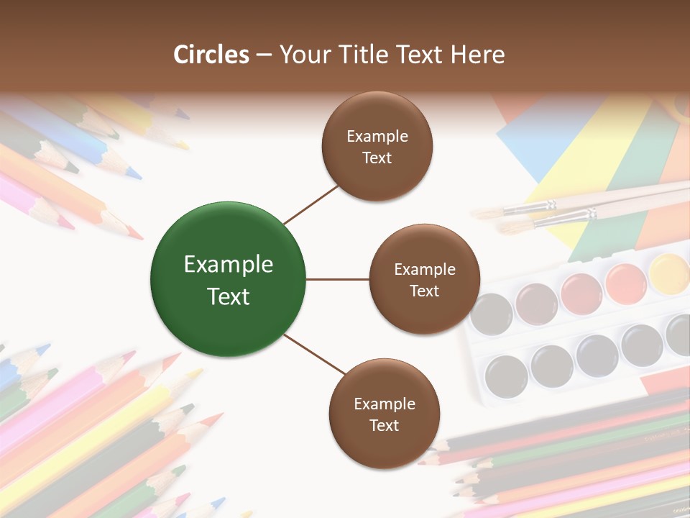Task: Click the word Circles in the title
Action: (x=211, y=55)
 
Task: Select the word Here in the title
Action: (x=477, y=55)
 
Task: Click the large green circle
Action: (x=228, y=279)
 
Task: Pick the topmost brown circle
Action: (x=377, y=146)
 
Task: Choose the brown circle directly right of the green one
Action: (x=424, y=279)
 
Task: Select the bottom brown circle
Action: (x=384, y=414)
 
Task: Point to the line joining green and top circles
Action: (x=311, y=204)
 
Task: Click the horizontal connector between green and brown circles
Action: (x=337, y=279)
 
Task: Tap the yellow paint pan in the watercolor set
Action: (x=669, y=273)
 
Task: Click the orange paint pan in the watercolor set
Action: (x=625, y=283)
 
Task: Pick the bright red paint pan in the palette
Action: (x=581, y=294)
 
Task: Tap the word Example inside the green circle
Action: (x=229, y=265)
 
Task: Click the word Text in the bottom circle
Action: (x=384, y=425)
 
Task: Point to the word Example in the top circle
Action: (x=377, y=136)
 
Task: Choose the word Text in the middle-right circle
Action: (x=424, y=291)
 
